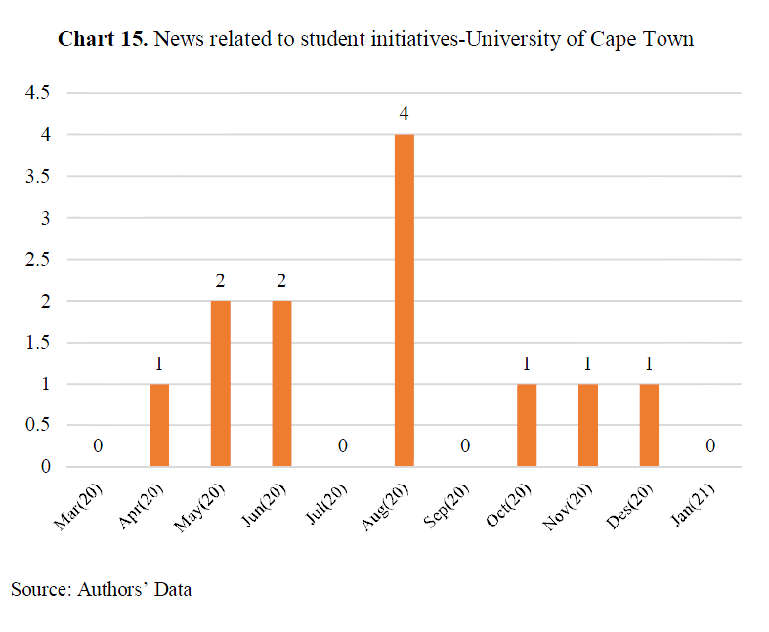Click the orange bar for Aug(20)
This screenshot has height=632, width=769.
tap(405, 300)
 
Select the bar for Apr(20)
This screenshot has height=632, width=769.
tap(159, 425)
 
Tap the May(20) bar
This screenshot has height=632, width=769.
tap(221, 384)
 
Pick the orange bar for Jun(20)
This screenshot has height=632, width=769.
tap(282, 384)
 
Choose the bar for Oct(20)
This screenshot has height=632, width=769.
tap(527, 425)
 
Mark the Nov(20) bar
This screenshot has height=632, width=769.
tap(588, 425)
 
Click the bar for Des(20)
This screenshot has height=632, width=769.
tap(650, 425)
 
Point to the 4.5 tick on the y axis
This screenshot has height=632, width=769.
tap(38, 92)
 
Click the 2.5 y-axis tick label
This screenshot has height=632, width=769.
tap(38, 259)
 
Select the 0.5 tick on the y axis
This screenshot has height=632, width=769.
tap(38, 425)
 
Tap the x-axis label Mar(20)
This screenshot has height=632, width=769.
tap(78, 507)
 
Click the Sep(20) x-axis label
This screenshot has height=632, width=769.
tap(447, 506)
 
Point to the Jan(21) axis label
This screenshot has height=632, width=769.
tap(693, 505)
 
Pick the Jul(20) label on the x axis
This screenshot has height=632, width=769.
tap(326, 504)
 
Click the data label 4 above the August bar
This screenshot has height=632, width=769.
tap(405, 113)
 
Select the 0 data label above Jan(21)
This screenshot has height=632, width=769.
tap(710, 445)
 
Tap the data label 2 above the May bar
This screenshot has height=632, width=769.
tap(220, 281)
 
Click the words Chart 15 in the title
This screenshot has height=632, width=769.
tap(103, 39)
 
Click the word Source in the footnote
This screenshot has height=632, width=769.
tap(41, 589)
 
